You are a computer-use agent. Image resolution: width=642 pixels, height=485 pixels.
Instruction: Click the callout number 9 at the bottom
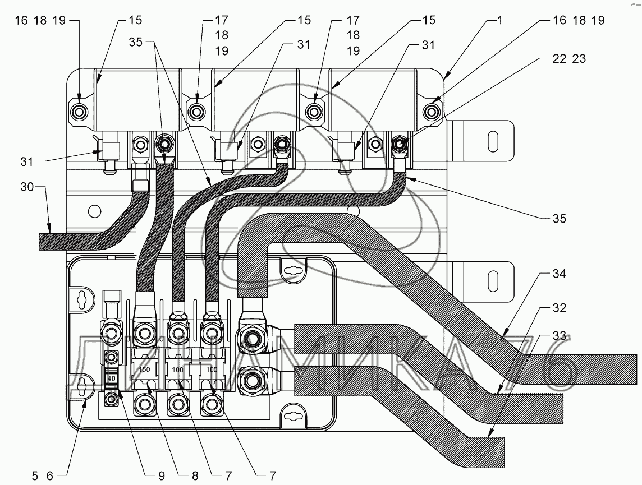pos(160,475)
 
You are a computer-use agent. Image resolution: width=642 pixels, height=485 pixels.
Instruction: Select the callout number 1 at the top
pos(500,20)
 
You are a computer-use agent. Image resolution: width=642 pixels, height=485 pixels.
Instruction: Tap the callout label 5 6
pos(42,475)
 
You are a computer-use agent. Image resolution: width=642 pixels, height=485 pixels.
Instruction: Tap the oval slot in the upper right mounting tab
pos(493,141)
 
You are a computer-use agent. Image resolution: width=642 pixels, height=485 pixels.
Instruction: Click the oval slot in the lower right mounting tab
pos(493,281)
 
